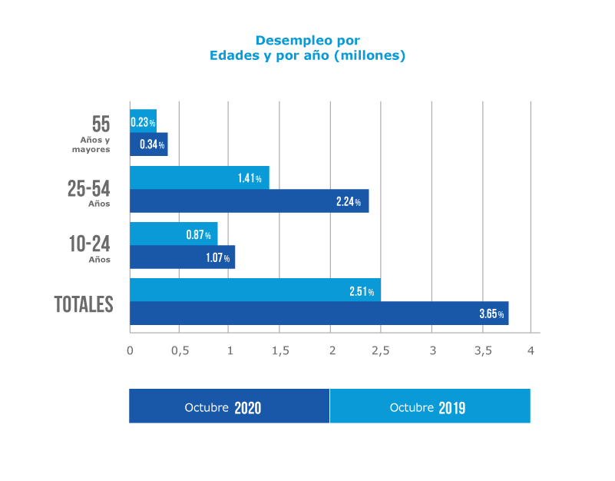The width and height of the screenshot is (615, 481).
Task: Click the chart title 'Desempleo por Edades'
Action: pos(307,48)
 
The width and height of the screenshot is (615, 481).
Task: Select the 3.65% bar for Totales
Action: pos(319,313)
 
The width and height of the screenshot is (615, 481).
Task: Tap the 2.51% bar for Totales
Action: pos(255,290)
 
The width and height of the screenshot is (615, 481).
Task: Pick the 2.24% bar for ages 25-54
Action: pos(249,201)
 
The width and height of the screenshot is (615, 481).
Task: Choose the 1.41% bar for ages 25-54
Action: pos(199,178)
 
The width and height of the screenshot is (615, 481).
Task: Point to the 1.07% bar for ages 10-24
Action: pos(182,257)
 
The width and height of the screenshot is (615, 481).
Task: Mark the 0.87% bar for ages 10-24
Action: pos(174,234)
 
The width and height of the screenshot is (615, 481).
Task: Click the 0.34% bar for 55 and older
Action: pos(149,144)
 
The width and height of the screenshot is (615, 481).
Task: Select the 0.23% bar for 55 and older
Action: pos(144,121)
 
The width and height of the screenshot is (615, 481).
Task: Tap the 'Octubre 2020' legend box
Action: pos(229,406)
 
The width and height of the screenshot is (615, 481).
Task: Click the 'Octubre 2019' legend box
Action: pos(430,406)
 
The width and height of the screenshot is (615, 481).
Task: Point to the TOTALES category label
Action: pos(84,304)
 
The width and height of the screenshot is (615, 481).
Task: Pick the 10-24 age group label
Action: pos(89,245)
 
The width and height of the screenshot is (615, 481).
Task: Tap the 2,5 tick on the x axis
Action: pos(381,350)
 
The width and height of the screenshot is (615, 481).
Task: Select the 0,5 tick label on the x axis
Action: pos(180,350)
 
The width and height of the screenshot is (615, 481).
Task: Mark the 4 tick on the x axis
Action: pos(531,350)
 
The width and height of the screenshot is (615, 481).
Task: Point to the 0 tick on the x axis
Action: pos(130,350)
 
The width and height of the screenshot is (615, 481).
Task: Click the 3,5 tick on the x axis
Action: pos(481,350)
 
